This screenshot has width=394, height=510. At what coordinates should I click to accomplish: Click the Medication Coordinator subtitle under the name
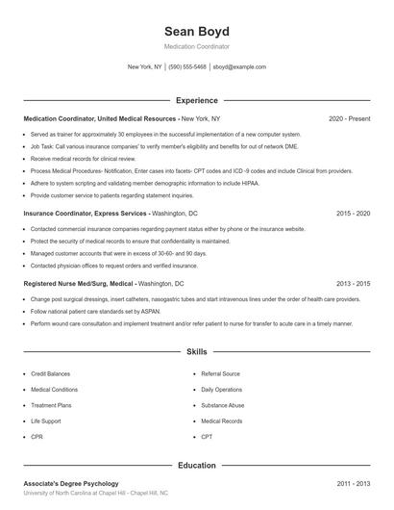point(196,46)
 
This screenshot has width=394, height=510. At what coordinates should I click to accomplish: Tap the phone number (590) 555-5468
point(187,67)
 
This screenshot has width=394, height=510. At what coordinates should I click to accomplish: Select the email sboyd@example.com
point(239,67)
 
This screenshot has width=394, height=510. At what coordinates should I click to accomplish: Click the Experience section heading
point(196,100)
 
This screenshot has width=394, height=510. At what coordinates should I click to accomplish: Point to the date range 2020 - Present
point(349,118)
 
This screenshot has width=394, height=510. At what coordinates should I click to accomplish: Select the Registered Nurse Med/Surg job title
point(79,284)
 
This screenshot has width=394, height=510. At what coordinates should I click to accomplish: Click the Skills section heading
point(196,353)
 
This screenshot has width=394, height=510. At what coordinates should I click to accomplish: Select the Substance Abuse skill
point(222,405)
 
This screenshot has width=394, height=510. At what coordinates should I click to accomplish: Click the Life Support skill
point(45,421)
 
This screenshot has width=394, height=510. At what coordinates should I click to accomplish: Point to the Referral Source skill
point(220,372)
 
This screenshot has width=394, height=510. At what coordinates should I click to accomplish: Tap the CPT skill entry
point(207,437)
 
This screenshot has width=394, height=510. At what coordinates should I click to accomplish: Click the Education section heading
point(196,465)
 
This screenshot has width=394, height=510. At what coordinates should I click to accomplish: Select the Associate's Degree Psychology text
point(71,483)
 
